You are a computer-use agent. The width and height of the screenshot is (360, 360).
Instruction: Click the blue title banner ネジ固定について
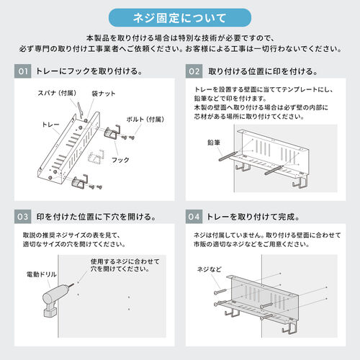point(179,17)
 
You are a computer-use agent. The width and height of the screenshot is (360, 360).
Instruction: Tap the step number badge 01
point(23,72)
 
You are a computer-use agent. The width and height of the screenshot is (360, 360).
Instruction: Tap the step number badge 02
point(194,72)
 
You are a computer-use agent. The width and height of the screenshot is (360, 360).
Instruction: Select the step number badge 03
point(23,216)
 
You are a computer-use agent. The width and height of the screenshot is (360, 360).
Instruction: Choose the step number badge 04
point(194,216)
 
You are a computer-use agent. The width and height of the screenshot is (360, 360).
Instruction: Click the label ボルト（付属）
point(146,119)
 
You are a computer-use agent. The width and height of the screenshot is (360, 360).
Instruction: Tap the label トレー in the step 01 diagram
point(50,125)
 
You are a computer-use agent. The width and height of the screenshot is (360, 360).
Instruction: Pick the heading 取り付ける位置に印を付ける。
point(263,72)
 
